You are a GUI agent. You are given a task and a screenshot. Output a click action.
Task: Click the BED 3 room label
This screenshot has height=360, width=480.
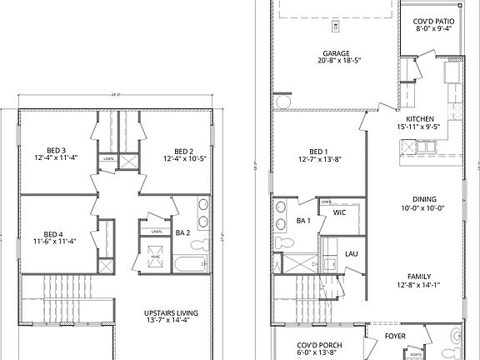coord(55,147)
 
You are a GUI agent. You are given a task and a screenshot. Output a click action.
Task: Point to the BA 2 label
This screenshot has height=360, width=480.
coord(184,232)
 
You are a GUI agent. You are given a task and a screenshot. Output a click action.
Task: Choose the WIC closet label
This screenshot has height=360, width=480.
coord(339,212)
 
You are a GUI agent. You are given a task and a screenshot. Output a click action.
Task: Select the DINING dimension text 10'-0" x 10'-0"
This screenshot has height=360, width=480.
coord(420,208)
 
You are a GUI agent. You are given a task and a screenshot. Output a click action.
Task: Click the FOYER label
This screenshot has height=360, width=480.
coord(395,337)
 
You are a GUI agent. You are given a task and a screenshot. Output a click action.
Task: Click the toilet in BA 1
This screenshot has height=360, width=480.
coord(282,240)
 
